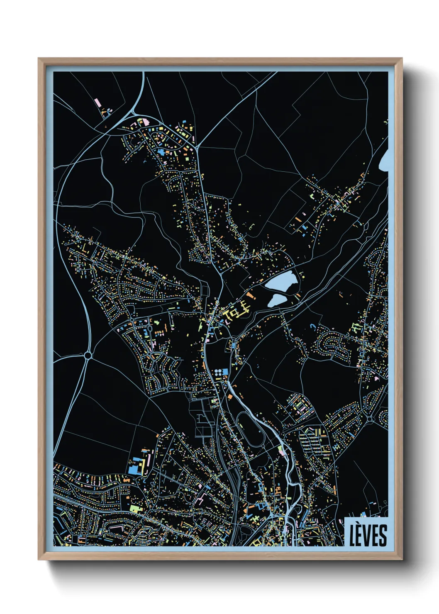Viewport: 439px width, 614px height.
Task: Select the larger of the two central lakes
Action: [282, 282]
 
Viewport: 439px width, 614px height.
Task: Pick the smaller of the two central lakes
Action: [277, 300]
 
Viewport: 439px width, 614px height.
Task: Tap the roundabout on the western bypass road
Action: [88, 355]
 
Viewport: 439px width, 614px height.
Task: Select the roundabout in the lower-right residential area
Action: [369, 419]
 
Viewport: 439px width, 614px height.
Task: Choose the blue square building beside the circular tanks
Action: [225, 371]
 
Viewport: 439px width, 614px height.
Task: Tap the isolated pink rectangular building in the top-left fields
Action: [97, 102]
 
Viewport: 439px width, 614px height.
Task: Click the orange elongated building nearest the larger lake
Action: [250, 295]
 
